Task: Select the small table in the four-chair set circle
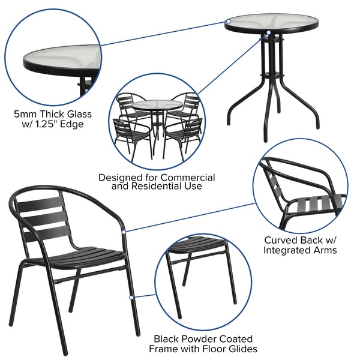click(157, 107)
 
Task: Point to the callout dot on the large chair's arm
click(124, 231)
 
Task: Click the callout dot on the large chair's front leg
click(131, 296)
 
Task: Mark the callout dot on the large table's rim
click(228, 22)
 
